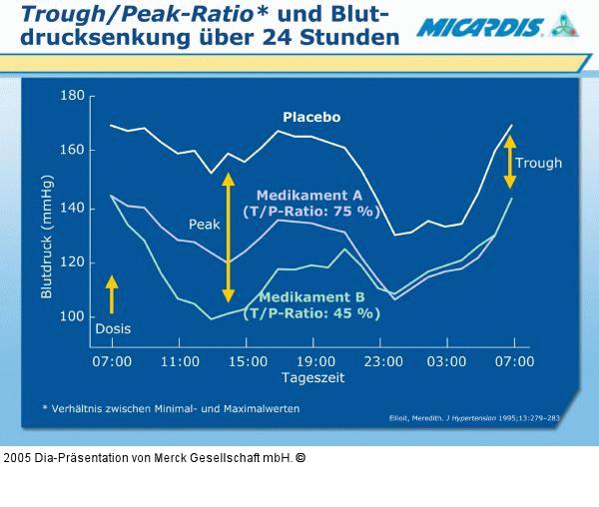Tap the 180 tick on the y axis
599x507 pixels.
(73, 96)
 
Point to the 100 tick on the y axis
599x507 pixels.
(73, 316)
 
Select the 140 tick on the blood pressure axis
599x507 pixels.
(73, 207)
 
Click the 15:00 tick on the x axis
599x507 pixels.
(246, 360)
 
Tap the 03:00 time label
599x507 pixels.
(445, 360)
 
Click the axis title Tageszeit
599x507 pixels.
(311, 380)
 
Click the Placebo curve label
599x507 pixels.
(310, 117)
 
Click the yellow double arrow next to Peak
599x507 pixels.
(228, 238)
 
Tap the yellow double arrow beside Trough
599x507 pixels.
(509, 162)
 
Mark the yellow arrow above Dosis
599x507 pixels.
(112, 294)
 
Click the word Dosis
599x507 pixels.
(112, 327)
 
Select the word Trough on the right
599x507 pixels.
(538, 163)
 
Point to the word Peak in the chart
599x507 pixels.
(204, 225)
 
